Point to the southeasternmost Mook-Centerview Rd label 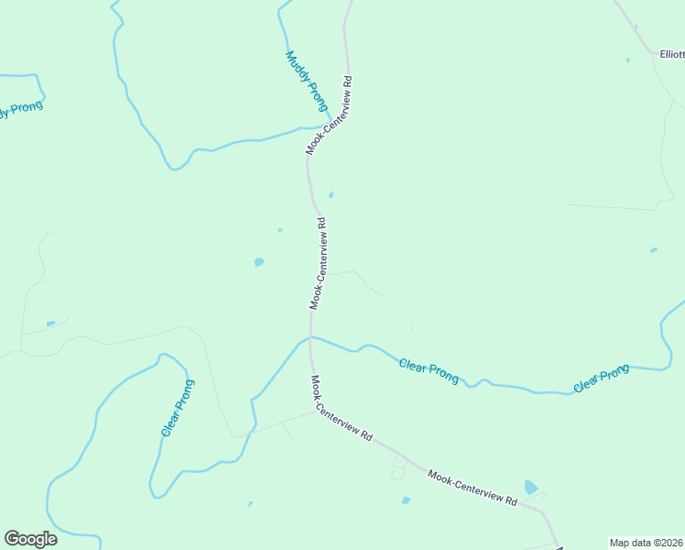click(472, 489)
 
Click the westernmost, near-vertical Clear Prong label click(177, 407)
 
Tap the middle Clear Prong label click(429, 370)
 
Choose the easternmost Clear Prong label click(601, 379)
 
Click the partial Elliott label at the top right click(671, 54)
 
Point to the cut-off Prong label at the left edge click(19, 110)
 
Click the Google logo click(30, 539)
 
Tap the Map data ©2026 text click(646, 543)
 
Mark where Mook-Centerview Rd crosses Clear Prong click(311, 337)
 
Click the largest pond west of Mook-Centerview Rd click(259, 262)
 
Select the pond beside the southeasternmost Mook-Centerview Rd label click(530, 487)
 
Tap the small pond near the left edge click(50, 324)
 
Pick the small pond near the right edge click(653, 249)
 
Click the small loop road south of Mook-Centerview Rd click(397, 471)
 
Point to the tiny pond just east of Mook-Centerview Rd click(331, 194)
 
